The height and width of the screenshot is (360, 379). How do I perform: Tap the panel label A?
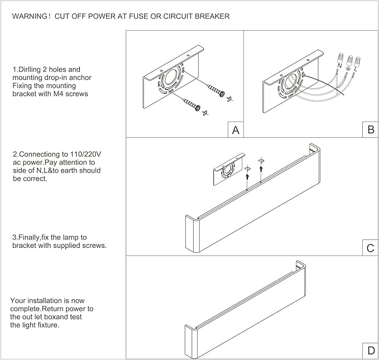(236, 130)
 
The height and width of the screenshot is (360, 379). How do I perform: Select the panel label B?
(371, 130)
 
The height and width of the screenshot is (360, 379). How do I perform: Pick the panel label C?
(371, 248)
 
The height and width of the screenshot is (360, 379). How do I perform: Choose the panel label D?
(371, 351)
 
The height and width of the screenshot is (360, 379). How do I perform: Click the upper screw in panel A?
(216, 90)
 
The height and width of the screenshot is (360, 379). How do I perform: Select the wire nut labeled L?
(357, 62)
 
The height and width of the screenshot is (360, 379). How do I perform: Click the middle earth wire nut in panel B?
(349, 60)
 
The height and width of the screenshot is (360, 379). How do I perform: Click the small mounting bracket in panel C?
(229, 169)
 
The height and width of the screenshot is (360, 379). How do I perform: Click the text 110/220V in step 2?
(85, 154)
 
